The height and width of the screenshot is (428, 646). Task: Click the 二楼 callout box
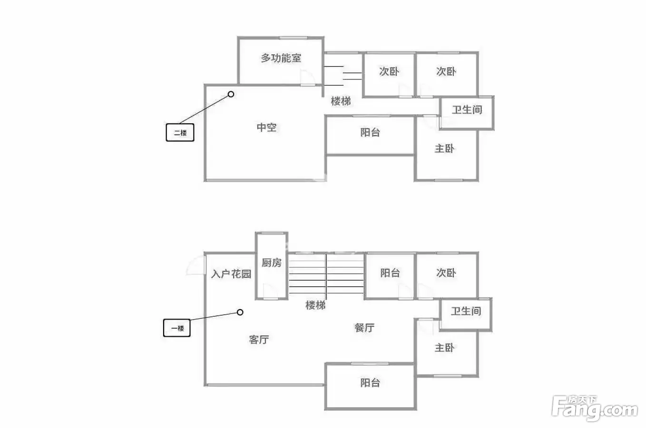pos(180,132)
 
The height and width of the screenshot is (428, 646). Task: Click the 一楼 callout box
pos(177,328)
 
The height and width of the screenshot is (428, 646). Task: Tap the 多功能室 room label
pos(281,58)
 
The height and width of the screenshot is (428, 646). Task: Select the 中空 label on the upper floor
pos(266,127)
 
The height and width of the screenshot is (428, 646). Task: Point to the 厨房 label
pos(271,263)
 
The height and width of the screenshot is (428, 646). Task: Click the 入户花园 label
pos(231,273)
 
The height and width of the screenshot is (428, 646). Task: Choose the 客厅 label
pos(259,340)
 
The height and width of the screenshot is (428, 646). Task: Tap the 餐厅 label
pos(364,327)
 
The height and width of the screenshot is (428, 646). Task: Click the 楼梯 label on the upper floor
pos(341,101)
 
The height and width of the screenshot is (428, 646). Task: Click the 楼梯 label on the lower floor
pos(315,305)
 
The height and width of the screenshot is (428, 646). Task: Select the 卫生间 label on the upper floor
pos(467,109)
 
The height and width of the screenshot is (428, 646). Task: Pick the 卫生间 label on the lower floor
pos(466,311)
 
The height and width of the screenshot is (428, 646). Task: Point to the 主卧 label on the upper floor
pos(444,148)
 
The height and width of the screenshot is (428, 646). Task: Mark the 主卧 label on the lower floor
pos(444,348)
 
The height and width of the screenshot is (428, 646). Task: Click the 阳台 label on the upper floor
pos(370,132)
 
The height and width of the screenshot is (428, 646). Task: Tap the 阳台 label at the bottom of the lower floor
pos(370,382)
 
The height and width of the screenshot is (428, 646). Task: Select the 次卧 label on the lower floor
pos(446,272)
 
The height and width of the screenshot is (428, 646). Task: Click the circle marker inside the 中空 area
pos(231,94)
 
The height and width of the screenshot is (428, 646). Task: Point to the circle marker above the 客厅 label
pos(240,312)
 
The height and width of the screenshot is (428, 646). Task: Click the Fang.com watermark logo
pos(594,408)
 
